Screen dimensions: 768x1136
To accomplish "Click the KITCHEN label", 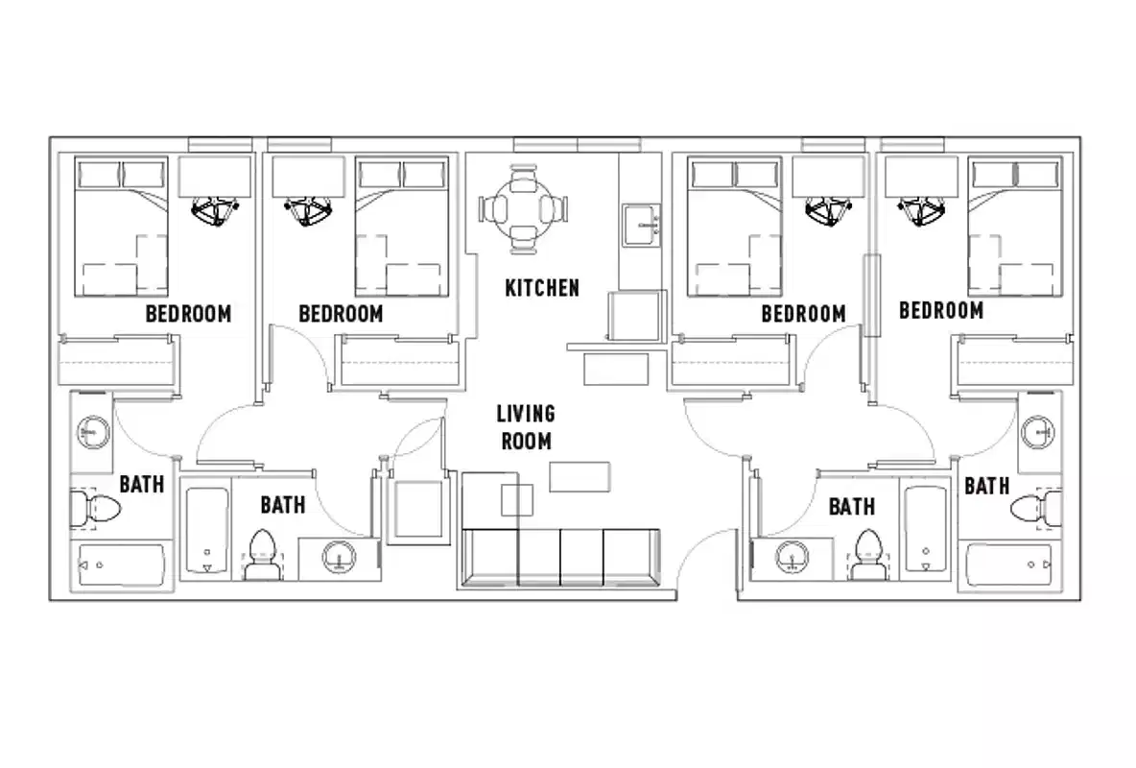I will [x=542, y=287].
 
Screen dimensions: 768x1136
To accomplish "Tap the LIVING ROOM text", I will [x=525, y=427].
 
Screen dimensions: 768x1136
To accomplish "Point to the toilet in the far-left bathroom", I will [x=93, y=510].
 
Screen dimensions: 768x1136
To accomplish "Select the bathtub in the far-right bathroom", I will [x=1013, y=567].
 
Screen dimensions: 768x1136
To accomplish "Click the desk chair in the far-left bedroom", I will [x=215, y=210].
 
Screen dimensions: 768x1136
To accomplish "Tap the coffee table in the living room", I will [x=580, y=476].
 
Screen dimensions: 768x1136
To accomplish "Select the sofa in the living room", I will [x=559, y=557].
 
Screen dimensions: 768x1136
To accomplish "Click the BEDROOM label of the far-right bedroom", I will [x=940, y=310].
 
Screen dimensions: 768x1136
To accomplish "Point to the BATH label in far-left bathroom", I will [x=141, y=484].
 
